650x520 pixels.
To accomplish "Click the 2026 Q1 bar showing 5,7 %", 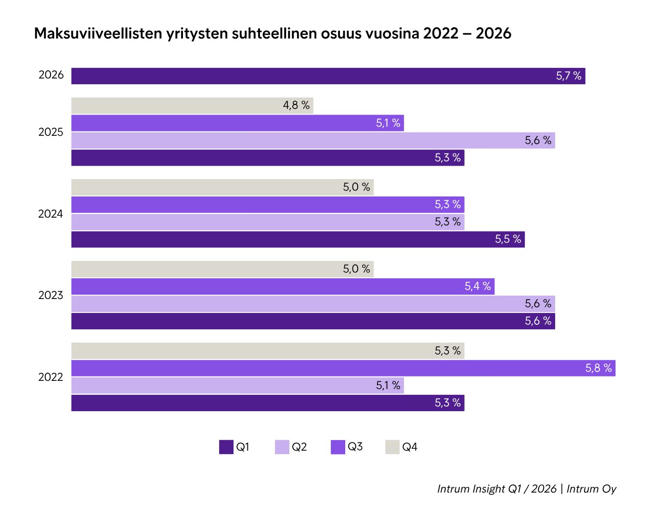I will coord(327,76).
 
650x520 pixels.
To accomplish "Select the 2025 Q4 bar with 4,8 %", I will coord(192,105).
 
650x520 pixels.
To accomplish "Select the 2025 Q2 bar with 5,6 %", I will coord(313,140).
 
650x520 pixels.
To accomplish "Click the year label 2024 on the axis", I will coord(51,214).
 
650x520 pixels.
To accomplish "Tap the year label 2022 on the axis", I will coord(51,377).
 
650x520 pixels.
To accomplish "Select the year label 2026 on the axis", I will coord(51,75).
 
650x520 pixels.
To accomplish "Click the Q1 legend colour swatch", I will coord(226,447).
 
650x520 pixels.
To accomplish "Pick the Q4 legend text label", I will coord(410,447).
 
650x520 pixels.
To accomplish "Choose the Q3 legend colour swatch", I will coord(338,447).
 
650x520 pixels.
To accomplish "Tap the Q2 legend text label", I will coord(299,447).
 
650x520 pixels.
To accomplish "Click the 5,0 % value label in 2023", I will coord(356,269).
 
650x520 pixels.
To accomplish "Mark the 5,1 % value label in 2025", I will coord(388,123).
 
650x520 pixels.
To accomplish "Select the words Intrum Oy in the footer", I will coord(591,489).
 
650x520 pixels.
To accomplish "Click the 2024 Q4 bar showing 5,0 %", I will coord(222,187).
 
